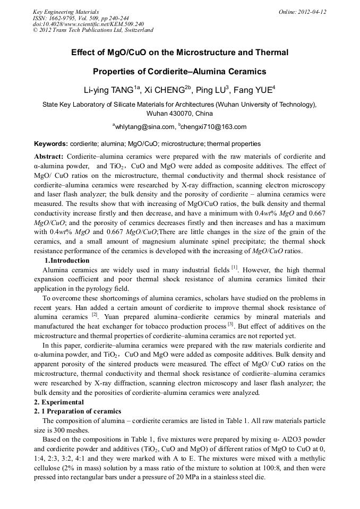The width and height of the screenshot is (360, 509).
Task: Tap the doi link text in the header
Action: pyautogui.click(x=88, y=24)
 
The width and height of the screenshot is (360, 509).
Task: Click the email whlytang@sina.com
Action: pyautogui.click(x=144, y=127)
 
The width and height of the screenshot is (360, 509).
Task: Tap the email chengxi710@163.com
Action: pyautogui.click(x=214, y=127)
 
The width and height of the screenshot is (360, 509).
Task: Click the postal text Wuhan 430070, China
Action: pyautogui.click(x=179, y=114)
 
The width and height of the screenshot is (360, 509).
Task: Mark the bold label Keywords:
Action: pyautogui.click(x=51, y=144)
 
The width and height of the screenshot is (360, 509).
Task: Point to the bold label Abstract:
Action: pyautogui.click(x=49, y=157)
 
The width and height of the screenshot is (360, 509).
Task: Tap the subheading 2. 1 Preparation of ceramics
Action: pyautogui.click(x=78, y=411)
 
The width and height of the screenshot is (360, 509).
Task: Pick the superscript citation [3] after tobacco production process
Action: pyautogui.click(x=230, y=324)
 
